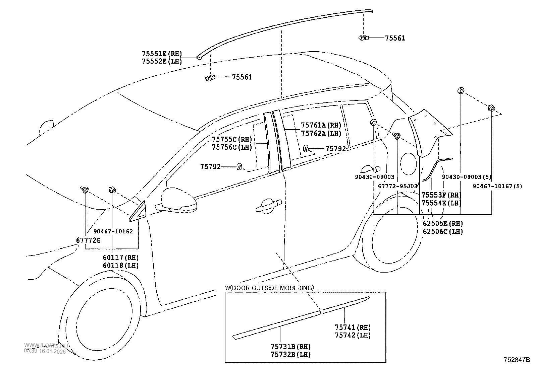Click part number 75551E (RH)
tap(161, 54)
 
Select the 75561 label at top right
tap(395, 38)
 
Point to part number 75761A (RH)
tap(321, 125)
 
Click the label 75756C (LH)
tap(231, 147)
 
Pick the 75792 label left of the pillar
tap(210, 166)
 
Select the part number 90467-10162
tap(113, 231)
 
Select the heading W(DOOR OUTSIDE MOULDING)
tap(269, 288)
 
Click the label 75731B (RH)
tap(290, 347)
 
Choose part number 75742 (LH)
tap(353, 335)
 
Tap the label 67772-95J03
tap(397, 186)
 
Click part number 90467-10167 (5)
tap(497, 186)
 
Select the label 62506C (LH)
tap(443, 231)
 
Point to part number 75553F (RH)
tap(441, 195)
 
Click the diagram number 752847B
tap(516, 360)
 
